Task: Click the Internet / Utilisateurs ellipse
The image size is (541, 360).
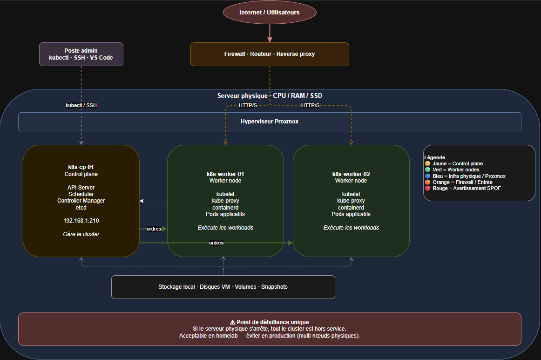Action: click(270, 13)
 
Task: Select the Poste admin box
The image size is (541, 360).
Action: click(81, 54)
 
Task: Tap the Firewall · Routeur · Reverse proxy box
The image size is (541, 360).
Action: click(270, 54)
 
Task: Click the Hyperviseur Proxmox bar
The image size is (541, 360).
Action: click(270, 122)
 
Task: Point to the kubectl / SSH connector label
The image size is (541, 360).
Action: click(81, 105)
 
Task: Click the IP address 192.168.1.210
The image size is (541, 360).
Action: click(81, 221)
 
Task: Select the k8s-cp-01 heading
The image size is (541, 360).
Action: click(81, 167)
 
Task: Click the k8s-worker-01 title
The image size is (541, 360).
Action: click(225, 174)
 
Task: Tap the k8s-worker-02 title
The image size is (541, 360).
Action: click(351, 174)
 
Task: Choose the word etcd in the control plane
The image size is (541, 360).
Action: click(81, 207)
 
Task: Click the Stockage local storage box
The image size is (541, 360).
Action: click(223, 287)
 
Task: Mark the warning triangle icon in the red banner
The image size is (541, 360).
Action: click(232, 322)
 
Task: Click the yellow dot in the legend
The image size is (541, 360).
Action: click(427, 163)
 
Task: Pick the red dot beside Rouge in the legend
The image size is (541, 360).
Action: click(427, 188)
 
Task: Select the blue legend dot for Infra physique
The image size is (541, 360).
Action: click(427, 176)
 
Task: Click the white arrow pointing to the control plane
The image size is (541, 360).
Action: click(154, 201)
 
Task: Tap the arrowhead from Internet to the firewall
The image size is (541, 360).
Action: click(270, 40)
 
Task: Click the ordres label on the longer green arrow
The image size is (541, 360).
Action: click(216, 243)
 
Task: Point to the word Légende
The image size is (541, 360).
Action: click(435, 157)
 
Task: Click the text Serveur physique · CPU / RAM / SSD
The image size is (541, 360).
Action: click(270, 95)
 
